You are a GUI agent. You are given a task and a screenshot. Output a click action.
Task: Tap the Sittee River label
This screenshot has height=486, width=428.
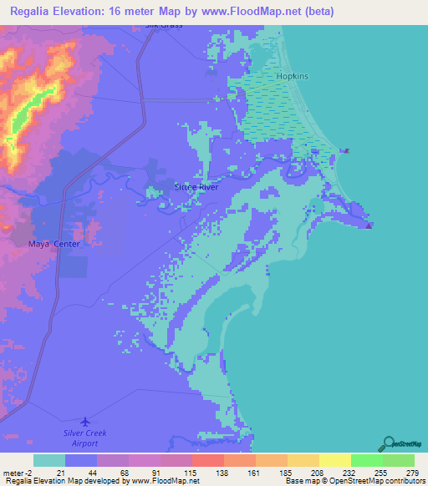(x=196, y=187)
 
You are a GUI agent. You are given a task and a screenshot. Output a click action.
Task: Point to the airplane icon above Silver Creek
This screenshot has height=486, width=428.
(x=85, y=422)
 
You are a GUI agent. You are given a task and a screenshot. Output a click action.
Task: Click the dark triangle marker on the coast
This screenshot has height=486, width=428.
(x=370, y=224)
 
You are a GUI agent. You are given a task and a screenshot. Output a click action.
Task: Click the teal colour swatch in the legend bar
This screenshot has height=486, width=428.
(x=49, y=460)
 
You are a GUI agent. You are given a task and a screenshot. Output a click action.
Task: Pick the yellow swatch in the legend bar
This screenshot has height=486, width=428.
(x=335, y=460)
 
